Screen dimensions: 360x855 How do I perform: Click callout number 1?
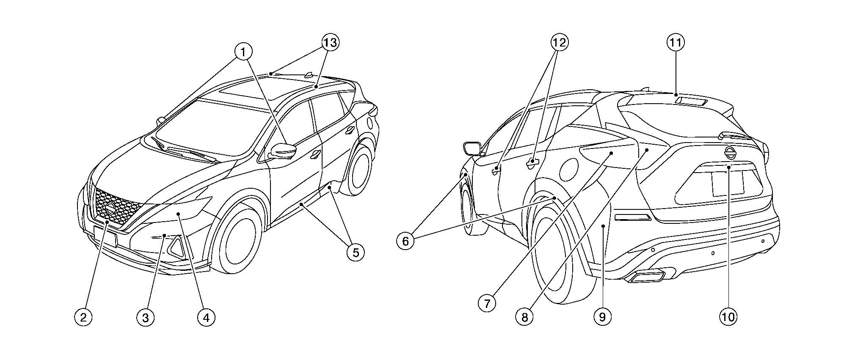click(x=243, y=52)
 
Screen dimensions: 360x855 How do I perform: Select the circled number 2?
click(x=83, y=317)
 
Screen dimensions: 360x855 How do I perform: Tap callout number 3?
click(x=145, y=317)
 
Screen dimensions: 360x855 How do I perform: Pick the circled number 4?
click(x=206, y=317)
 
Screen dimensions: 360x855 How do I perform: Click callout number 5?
click(x=356, y=253)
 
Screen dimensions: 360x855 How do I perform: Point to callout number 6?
click(x=405, y=241)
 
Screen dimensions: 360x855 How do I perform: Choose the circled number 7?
click(x=487, y=303)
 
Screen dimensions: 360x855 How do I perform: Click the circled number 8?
click(x=524, y=317)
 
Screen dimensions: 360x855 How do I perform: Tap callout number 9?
click(x=602, y=317)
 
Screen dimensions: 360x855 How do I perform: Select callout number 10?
click(x=728, y=317)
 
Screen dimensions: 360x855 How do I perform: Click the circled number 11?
click(x=676, y=42)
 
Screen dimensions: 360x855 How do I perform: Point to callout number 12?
click(x=559, y=42)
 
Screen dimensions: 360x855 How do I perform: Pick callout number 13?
click(x=331, y=42)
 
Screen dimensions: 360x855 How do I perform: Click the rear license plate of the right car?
click(x=728, y=183)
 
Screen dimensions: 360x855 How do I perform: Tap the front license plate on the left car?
click(x=105, y=236)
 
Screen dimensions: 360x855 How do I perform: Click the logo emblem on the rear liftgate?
click(x=730, y=153)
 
